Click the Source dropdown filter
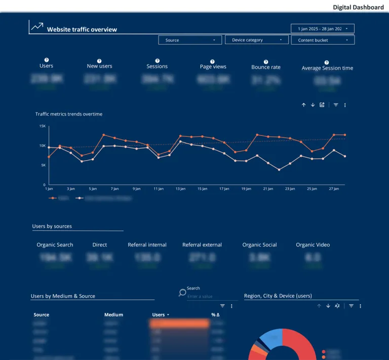tap(189, 40)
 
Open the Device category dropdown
tap(256, 40)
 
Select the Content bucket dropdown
tap(323, 40)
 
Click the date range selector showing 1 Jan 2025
tap(322, 28)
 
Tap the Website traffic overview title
tap(82, 29)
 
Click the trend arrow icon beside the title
tap(37, 27)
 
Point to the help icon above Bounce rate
tap(266, 61)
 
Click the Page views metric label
tap(213, 66)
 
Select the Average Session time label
tap(327, 68)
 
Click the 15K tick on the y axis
tap(43, 126)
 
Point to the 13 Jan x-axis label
tap(180, 189)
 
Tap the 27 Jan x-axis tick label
tap(334, 189)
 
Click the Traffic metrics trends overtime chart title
tap(69, 114)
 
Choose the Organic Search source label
tap(55, 245)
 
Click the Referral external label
tap(202, 245)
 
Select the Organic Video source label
tap(313, 245)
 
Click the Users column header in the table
tap(159, 315)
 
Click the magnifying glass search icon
tap(182, 293)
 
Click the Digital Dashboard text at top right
tap(358, 7)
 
